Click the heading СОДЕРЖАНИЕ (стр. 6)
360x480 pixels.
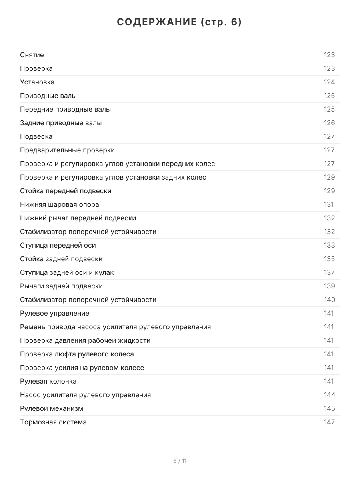pos(180,22)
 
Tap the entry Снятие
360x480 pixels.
pos(32,55)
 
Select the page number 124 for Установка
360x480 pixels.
pos(329,82)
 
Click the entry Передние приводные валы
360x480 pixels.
pos(66,109)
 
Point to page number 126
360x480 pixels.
pos(329,123)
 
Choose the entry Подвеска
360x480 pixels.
pos(36,136)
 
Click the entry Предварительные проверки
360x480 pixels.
pos(68,150)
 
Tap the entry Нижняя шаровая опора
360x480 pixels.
pos(60,204)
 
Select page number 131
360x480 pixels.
pos(329,204)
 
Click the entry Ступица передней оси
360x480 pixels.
pos(58,245)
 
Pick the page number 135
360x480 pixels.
pos(329,259)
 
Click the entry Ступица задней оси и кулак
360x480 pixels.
pos(67,272)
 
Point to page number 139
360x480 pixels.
pos(329,286)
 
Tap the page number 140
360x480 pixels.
pos(329,300)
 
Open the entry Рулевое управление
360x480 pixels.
pos(55,313)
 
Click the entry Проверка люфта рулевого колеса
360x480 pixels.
pos(77,354)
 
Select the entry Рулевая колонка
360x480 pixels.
pos(48,381)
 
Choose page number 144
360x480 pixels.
pos(329,395)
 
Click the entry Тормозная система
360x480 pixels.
pos(53,422)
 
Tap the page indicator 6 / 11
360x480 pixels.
pos(180,461)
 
